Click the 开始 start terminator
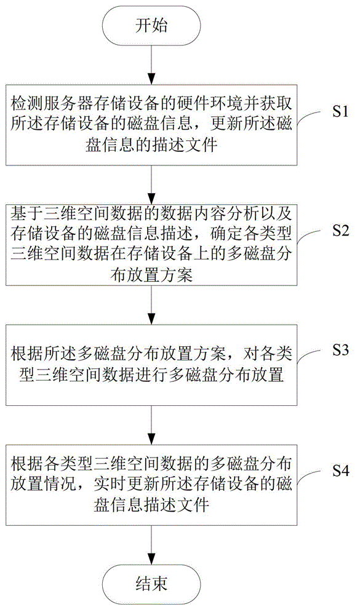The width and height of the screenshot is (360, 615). [x=151, y=26]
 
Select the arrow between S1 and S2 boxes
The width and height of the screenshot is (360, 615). [x=151, y=183]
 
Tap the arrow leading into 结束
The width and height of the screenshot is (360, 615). [x=151, y=544]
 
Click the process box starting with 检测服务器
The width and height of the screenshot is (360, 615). [x=151, y=124]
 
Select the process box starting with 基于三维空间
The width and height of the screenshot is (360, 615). [x=151, y=244]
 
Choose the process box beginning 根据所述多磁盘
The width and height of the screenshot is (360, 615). [x=151, y=364]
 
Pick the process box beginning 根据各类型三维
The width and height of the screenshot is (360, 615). [x=151, y=485]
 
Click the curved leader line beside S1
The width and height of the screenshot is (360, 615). [x=312, y=116]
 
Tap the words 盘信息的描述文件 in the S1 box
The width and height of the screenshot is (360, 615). [x=151, y=145]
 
